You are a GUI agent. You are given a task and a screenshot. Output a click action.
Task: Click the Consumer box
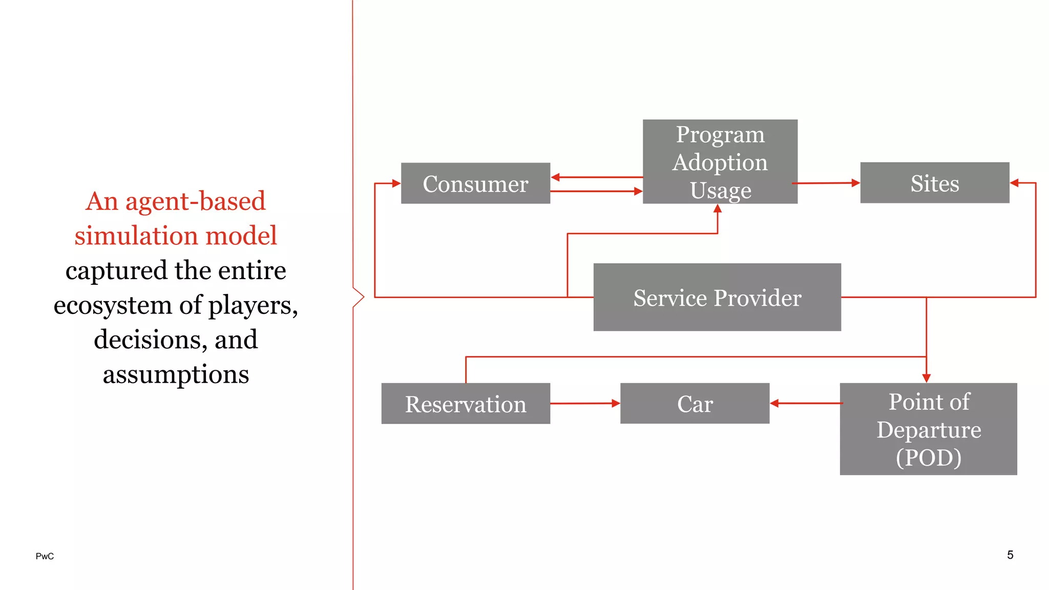tap(475, 183)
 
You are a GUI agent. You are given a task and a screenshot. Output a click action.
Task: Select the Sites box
tap(934, 183)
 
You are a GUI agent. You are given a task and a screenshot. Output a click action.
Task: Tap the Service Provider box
tap(717, 297)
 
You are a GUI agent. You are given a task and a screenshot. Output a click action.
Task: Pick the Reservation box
tap(466, 404)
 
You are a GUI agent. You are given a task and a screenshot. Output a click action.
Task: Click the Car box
tap(695, 404)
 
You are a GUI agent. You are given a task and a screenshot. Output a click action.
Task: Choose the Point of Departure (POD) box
tap(928, 429)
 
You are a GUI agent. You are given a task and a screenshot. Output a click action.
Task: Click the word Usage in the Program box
tap(720, 190)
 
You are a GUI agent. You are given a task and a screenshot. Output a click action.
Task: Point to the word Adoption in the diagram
tap(720, 162)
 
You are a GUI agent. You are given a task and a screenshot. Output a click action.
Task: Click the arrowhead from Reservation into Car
tap(616, 404)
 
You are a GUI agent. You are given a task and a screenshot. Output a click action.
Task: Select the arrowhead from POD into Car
tap(774, 404)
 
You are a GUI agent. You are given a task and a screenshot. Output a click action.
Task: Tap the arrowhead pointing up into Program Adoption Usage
tap(718, 208)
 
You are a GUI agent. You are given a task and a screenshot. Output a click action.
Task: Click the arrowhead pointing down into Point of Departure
tap(926, 378)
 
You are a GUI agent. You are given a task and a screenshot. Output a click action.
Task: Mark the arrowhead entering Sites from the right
tap(1014, 183)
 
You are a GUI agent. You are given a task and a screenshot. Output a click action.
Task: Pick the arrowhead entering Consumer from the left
tap(396, 183)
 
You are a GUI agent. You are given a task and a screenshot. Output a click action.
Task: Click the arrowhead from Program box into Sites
tap(855, 183)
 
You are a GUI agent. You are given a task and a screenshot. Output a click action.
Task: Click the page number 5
tap(1010, 555)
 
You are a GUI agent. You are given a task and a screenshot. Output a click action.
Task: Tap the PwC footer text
tap(45, 556)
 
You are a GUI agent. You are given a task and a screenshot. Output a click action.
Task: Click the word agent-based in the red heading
tap(195, 201)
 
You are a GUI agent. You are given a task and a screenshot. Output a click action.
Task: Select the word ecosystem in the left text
tap(112, 305)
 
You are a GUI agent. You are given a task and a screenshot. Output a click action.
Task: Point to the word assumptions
tap(176, 374)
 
